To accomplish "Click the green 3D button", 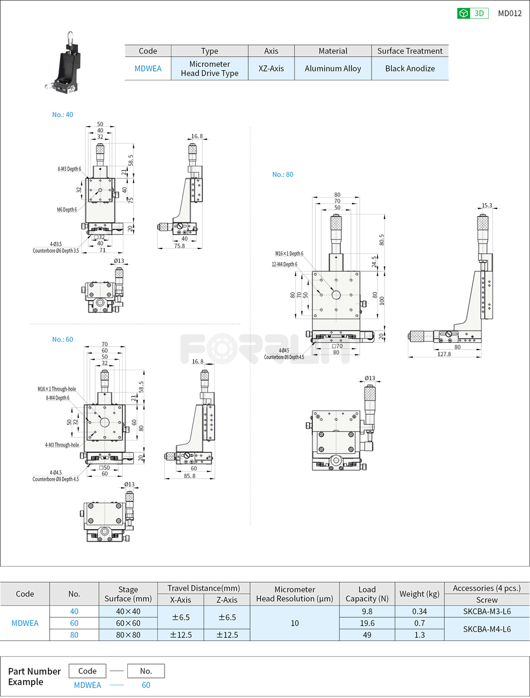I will pyautogui.click(x=473, y=13).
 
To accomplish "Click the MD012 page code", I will pyautogui.click(x=509, y=13).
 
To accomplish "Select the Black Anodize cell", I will pyautogui.click(x=409, y=69).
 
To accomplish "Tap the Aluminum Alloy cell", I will pyautogui.click(x=333, y=69).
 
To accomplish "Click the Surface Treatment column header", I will pyautogui.click(x=409, y=51).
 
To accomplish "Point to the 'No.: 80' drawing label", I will pyautogui.click(x=282, y=174).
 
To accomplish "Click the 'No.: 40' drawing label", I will pyautogui.click(x=62, y=114).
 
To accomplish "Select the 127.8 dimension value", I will pyautogui.click(x=444, y=354).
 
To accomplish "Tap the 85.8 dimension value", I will pyautogui.click(x=189, y=476).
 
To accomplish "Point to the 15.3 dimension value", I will pyautogui.click(x=486, y=205).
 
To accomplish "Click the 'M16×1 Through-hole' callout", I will pyautogui.click(x=57, y=389).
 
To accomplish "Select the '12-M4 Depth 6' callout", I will pyautogui.click(x=285, y=264).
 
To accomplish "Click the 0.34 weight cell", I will pyautogui.click(x=420, y=611).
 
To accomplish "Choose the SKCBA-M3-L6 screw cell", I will pyautogui.click(x=486, y=611).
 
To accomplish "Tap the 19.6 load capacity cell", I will pyautogui.click(x=367, y=623).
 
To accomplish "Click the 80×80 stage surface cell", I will pyautogui.click(x=128, y=635).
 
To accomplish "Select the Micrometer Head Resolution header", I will pyautogui.click(x=295, y=594).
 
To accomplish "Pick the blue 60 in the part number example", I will pyautogui.click(x=146, y=685).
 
